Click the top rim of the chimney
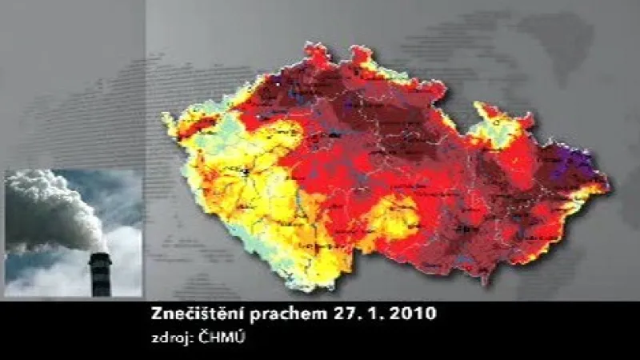(x=99, y=256)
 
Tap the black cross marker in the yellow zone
(x=247, y=170)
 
